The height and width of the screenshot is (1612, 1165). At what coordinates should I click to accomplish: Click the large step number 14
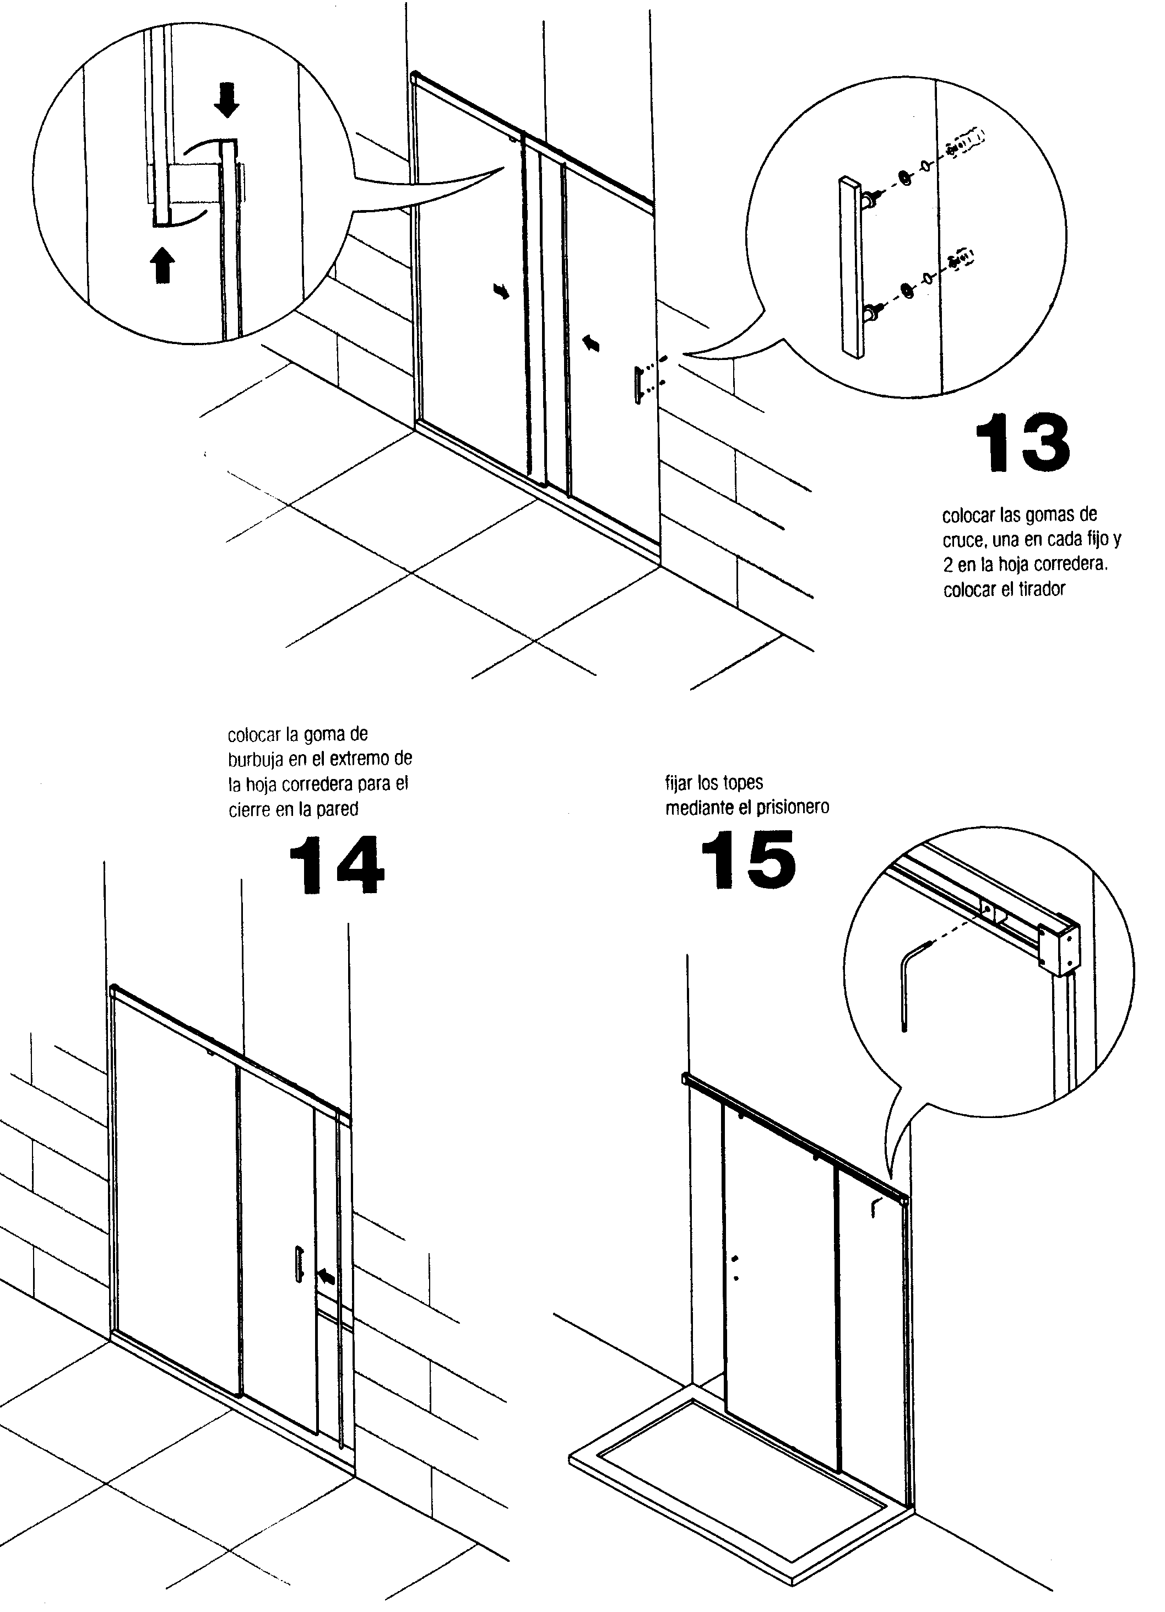coord(336,865)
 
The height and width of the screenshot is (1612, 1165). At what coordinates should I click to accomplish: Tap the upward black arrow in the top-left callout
coord(164,265)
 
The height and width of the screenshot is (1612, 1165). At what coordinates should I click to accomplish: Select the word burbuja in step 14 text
coord(253,760)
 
